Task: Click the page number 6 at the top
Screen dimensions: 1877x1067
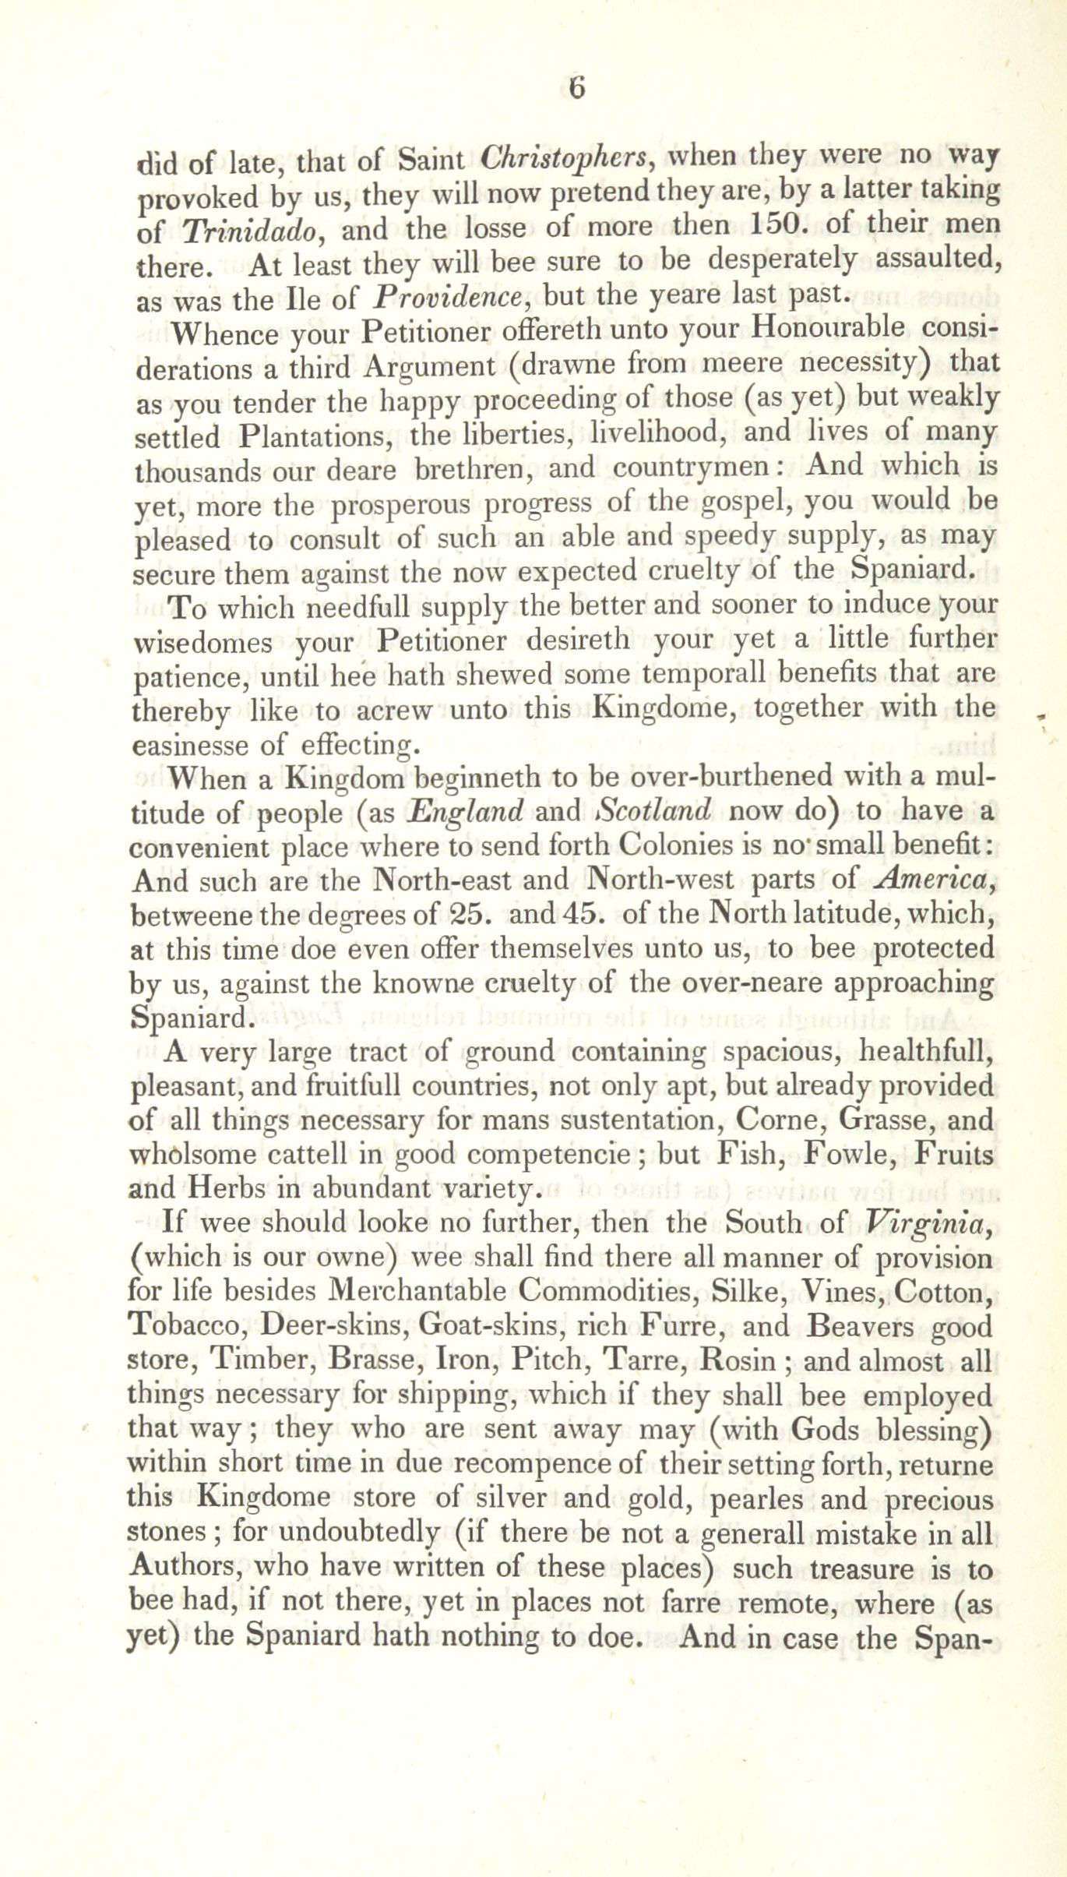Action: pos(576,88)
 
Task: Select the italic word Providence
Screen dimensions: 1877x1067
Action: pos(447,297)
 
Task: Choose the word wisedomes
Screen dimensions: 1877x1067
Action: pos(203,644)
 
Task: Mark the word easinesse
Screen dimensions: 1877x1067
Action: pos(189,746)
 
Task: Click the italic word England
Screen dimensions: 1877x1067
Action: pos(465,812)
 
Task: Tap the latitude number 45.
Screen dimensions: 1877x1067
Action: pos(578,913)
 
